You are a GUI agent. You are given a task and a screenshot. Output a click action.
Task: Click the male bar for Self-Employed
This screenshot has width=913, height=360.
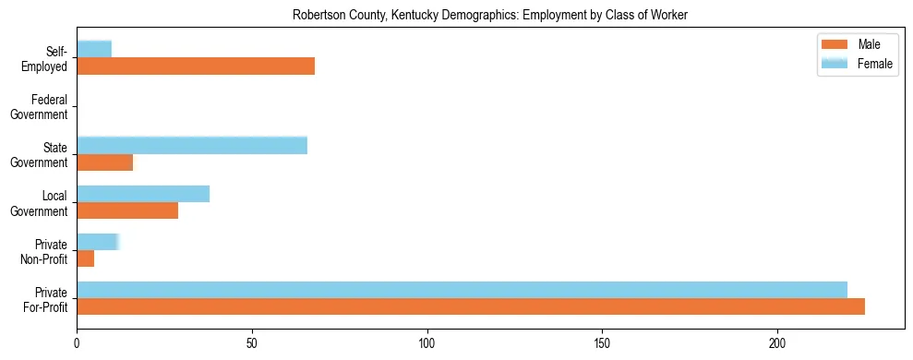196,66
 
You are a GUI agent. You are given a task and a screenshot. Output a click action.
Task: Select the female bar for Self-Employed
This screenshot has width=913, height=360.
94,49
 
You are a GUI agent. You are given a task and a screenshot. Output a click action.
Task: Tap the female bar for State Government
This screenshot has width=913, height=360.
192,145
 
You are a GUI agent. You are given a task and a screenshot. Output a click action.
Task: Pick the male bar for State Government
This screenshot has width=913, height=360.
105,162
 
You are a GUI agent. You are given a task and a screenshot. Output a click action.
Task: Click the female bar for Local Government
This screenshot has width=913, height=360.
143,194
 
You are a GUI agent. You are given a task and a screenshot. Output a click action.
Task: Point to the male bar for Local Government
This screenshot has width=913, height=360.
127,211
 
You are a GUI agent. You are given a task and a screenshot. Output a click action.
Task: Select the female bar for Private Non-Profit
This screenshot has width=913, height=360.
98,242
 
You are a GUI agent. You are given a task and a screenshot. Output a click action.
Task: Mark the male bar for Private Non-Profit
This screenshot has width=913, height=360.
86,259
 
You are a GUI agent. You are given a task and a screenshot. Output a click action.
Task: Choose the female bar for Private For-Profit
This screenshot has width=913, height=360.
462,290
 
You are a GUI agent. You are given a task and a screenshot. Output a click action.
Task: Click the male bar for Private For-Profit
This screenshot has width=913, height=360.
471,307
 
